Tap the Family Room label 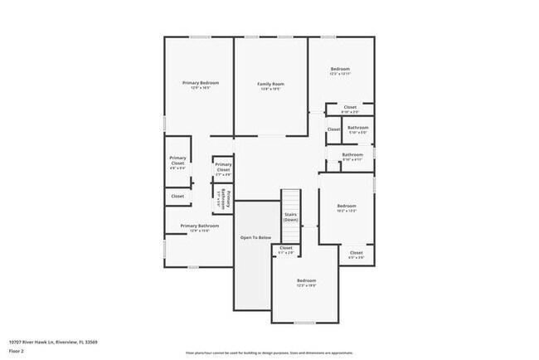coord(270,85)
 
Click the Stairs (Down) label coord(290,216)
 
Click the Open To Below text coord(255,238)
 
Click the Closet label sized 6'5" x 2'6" coord(356,254)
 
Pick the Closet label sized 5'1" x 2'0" coord(286,250)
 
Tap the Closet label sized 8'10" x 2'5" coord(350,109)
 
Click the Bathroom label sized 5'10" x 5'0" coord(357,129)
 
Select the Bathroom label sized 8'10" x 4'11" coord(352,156)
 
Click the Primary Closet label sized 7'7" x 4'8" coord(223,169)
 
